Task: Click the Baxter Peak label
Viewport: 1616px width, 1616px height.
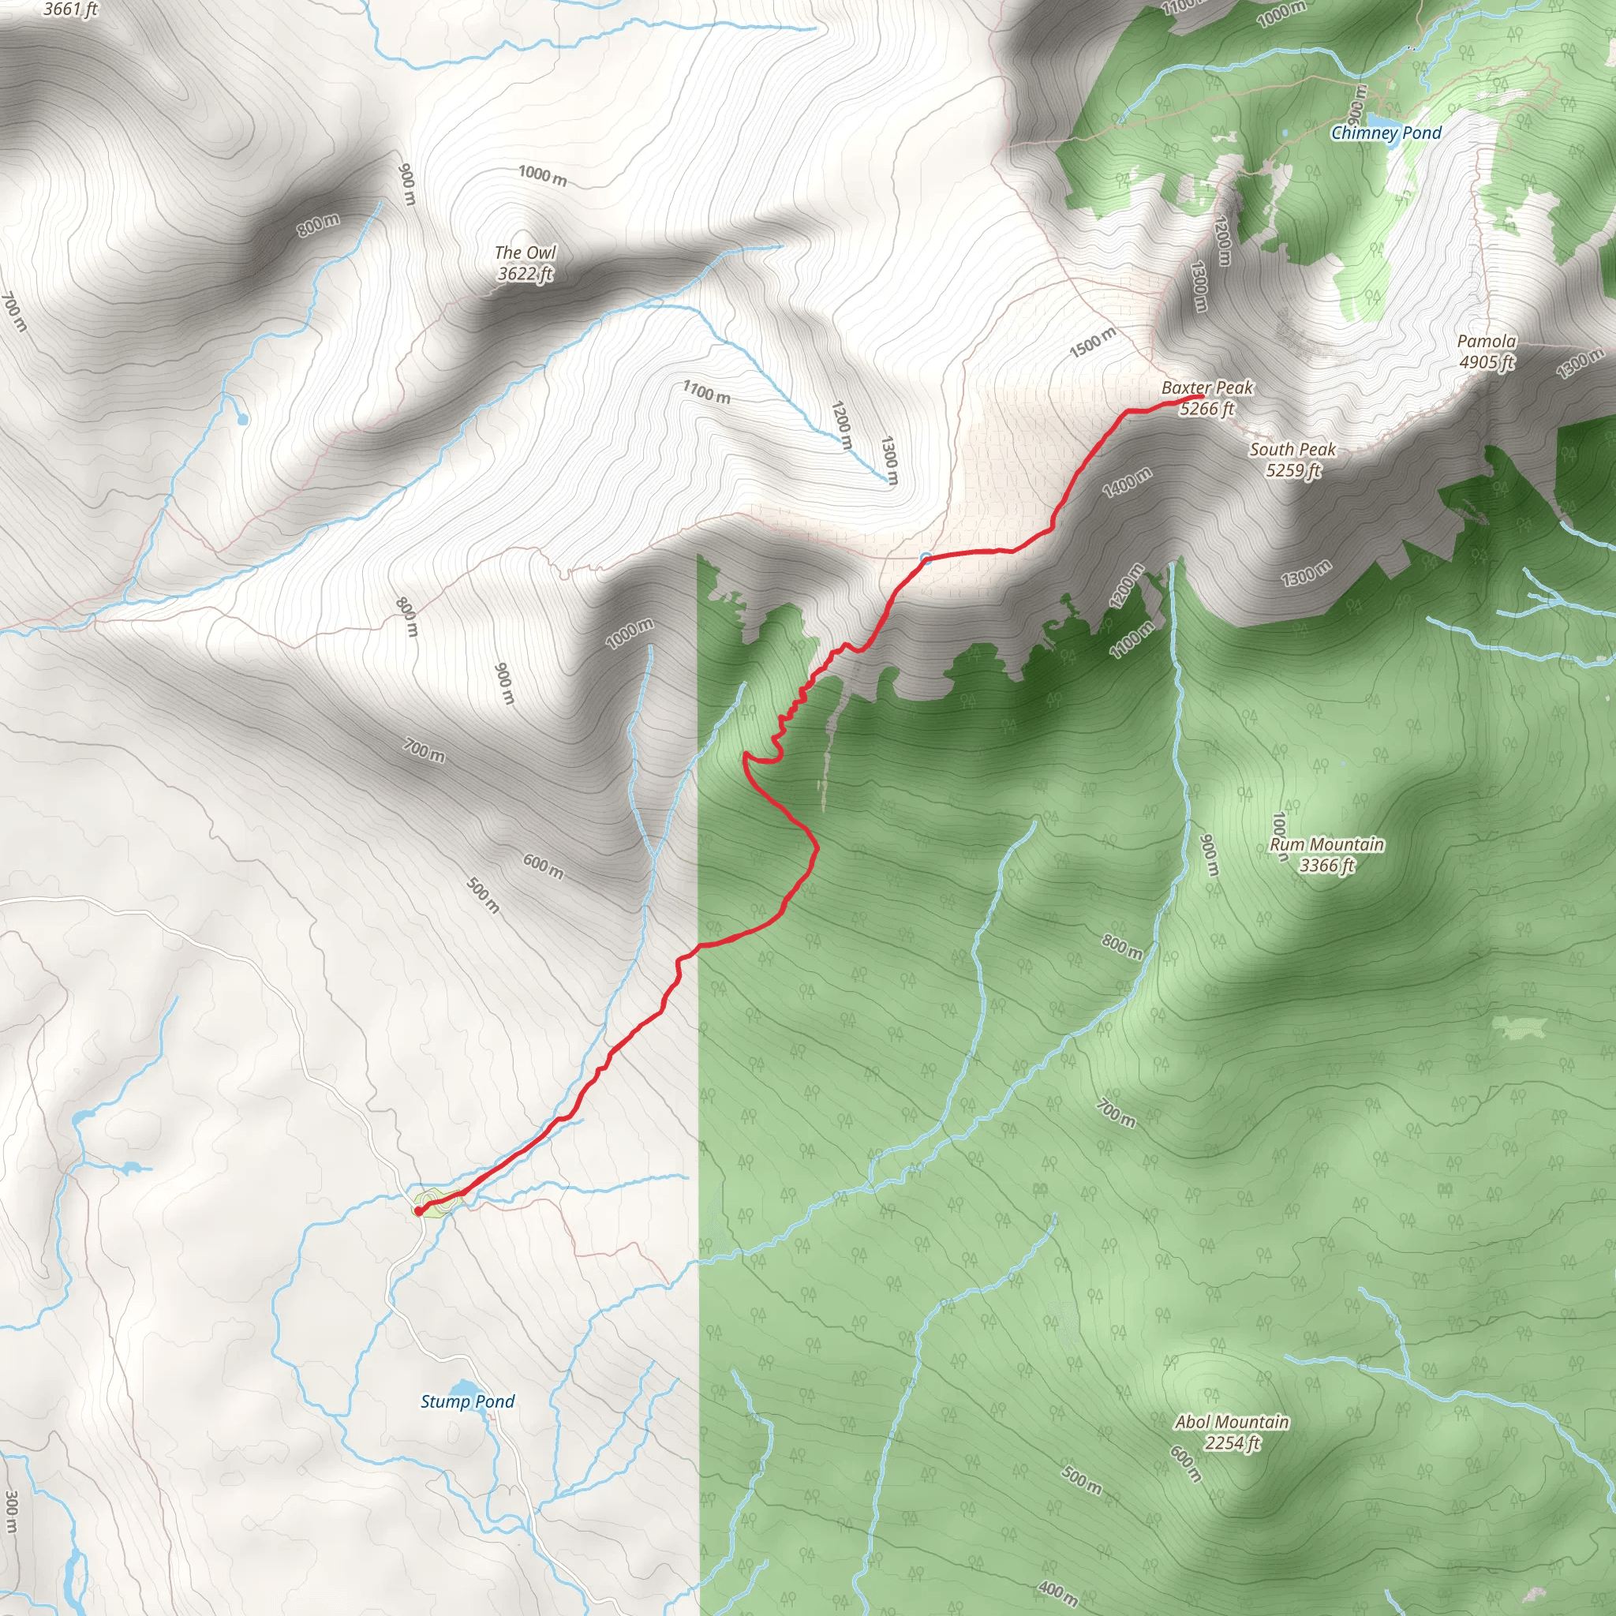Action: (x=1207, y=387)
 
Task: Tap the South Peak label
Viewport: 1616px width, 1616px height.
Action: (x=1292, y=449)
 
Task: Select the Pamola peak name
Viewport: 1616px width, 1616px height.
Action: (x=1487, y=340)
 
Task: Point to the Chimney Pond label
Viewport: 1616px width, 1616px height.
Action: (x=1386, y=132)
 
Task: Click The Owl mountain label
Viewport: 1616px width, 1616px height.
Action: (x=525, y=252)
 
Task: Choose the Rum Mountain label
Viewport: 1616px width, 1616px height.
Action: (x=1326, y=844)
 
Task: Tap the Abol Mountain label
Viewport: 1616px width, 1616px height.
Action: (x=1231, y=1421)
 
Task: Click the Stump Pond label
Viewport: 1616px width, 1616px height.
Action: (x=467, y=1401)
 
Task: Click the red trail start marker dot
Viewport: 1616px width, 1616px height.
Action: (x=418, y=1210)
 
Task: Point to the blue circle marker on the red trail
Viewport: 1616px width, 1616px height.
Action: (x=925, y=558)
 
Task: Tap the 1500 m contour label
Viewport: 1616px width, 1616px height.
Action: (x=1092, y=342)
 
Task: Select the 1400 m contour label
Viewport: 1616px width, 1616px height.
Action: (x=1127, y=483)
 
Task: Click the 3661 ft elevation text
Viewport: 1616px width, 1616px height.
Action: (x=70, y=9)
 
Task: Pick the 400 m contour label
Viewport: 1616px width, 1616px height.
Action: (x=1057, y=1591)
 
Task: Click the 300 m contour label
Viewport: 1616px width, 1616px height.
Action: (x=11, y=1511)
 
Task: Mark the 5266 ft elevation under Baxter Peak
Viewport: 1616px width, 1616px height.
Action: (x=1207, y=408)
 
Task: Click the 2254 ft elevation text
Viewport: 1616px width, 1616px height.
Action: (x=1231, y=1442)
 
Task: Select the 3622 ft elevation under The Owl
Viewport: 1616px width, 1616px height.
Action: (x=525, y=274)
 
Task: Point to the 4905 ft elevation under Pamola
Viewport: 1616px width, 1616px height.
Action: (x=1487, y=361)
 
